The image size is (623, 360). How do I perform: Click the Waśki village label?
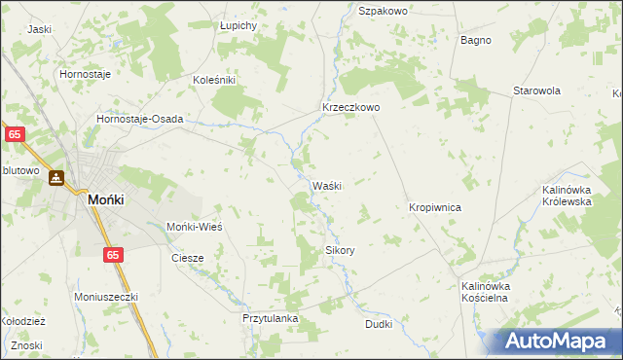tap(326, 186)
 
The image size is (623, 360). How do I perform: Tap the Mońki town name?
tap(104, 198)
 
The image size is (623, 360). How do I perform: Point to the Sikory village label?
tap(340, 250)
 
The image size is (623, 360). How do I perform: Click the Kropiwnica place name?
tap(434, 208)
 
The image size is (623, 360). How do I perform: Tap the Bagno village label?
tap(476, 41)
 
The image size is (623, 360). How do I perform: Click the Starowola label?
tap(537, 90)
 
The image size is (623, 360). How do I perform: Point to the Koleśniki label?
tap(215, 80)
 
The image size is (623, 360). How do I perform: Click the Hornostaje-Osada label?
tap(140, 119)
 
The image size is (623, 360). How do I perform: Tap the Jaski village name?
tap(40, 29)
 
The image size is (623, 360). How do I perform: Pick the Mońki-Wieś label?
tap(196, 226)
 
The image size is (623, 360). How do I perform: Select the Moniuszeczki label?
tap(107, 296)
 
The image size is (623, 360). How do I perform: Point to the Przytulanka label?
tap(270, 318)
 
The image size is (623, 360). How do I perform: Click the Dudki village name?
tap(379, 324)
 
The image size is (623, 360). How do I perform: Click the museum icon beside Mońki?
tap(57, 179)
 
